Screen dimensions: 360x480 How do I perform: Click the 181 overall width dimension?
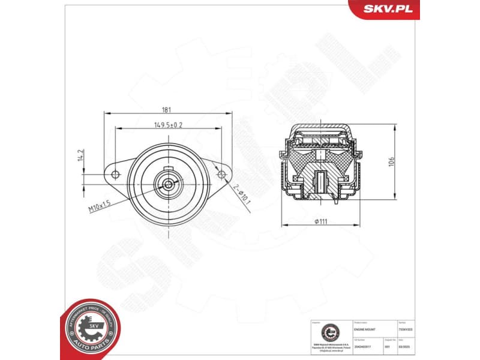point(167,109)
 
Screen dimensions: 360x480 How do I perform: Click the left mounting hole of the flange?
point(115,175)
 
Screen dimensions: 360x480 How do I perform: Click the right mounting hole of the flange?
point(221,175)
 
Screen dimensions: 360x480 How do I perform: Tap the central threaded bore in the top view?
point(168,184)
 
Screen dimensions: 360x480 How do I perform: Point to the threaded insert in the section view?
point(321,181)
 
